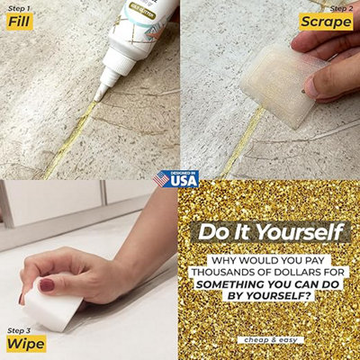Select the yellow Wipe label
[x=24, y=344]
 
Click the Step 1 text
[x=18, y=8]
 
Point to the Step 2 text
[x=343, y=6]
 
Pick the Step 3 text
[x=19, y=329]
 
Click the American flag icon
[x=161, y=180]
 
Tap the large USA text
[x=184, y=182]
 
